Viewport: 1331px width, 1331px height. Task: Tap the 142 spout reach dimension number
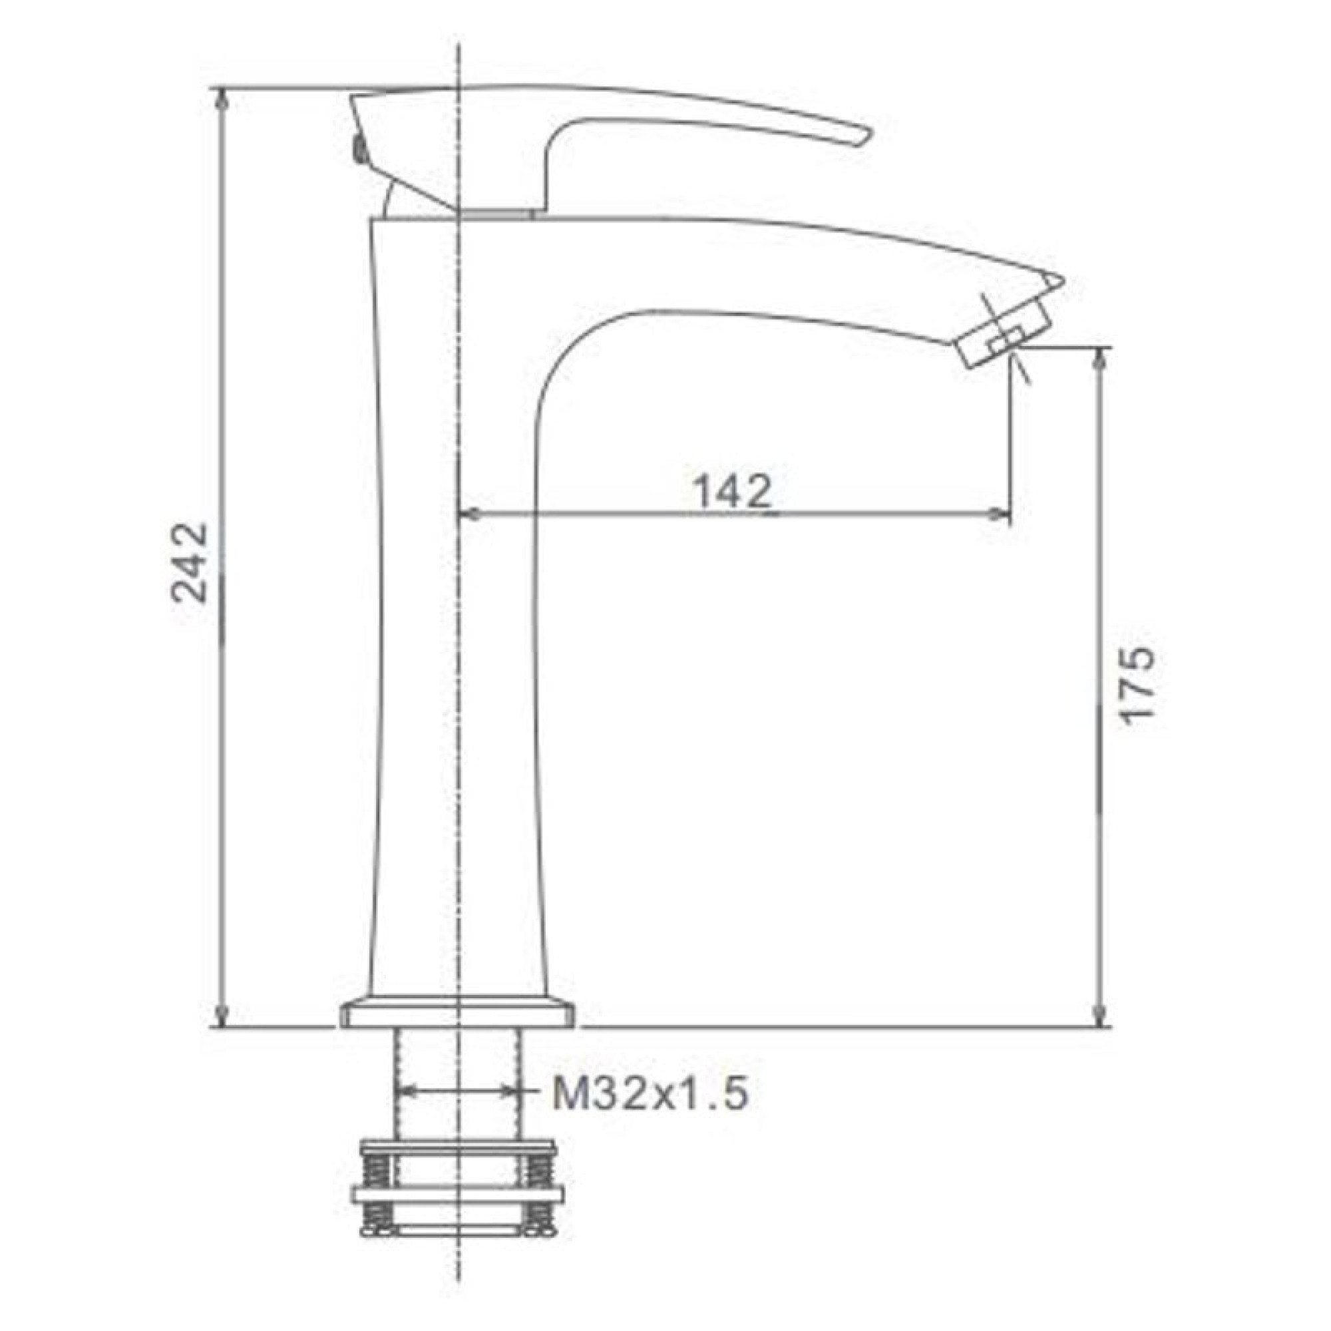click(731, 492)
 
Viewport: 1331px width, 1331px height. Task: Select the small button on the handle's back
click(357, 148)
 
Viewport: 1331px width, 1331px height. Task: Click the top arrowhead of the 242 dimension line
click(222, 100)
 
